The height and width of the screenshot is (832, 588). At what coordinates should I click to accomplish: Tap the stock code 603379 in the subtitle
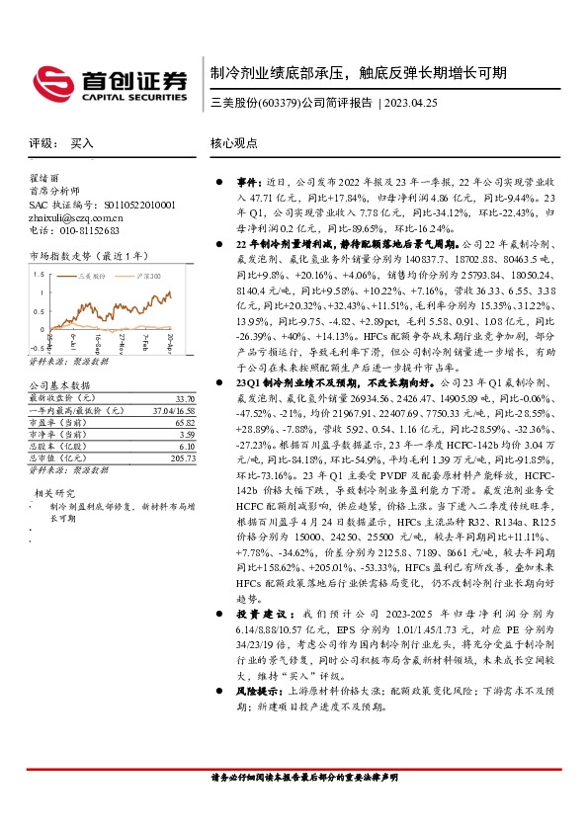(x=276, y=102)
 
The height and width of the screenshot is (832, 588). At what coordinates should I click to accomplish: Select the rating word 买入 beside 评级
(x=82, y=143)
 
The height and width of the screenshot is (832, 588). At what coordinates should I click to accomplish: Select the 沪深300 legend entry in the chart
(x=144, y=278)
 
